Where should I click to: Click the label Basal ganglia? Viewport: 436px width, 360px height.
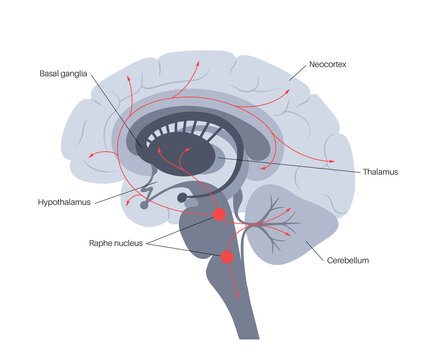pos(67,73)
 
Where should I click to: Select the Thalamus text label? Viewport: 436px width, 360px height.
pos(381,172)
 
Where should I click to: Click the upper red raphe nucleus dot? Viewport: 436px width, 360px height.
pos(219,214)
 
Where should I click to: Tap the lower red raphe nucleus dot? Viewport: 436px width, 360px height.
pos(227,258)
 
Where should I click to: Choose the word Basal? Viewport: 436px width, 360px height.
pos(50,73)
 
